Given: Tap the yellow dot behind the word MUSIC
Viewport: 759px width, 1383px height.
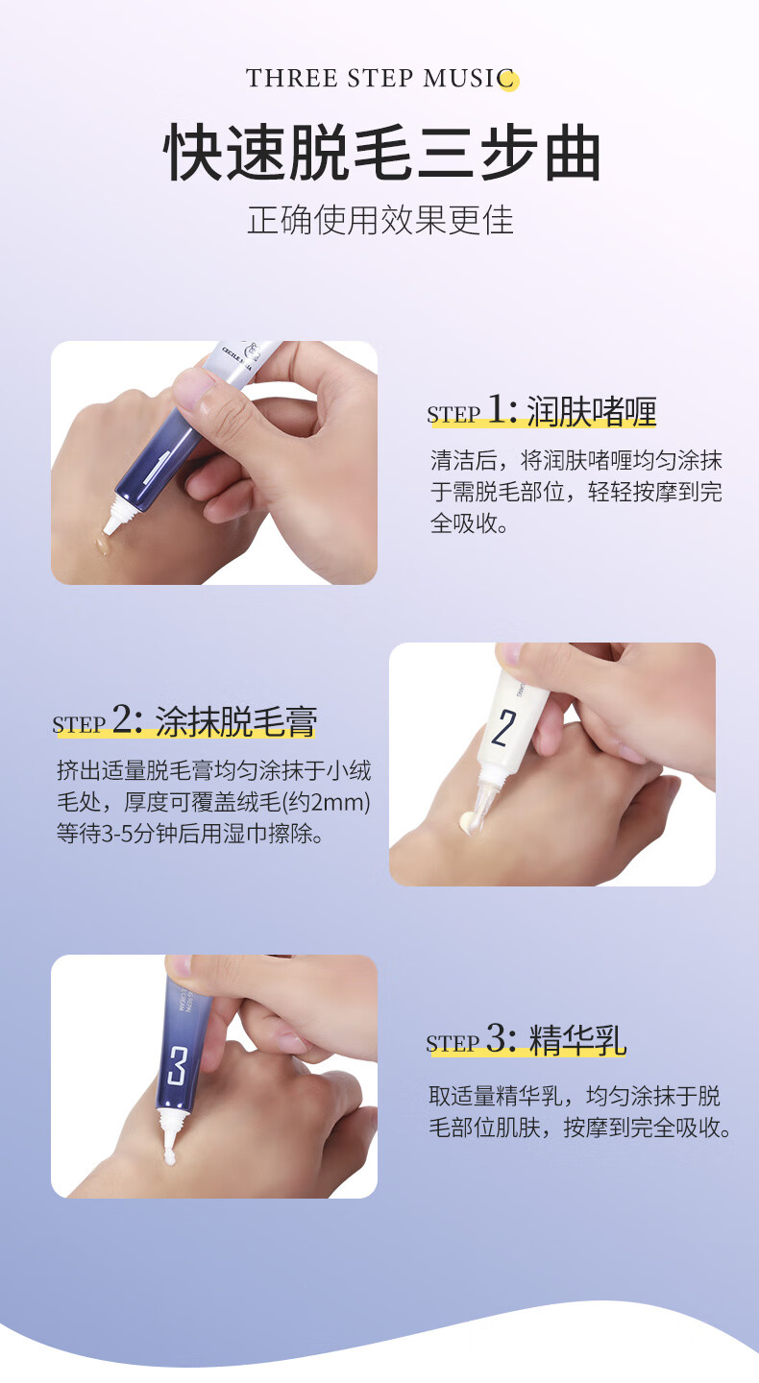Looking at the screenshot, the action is point(509,81).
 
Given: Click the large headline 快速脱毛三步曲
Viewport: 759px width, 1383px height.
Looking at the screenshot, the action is point(381,153).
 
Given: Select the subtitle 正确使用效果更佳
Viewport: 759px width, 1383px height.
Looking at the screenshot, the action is point(380,220).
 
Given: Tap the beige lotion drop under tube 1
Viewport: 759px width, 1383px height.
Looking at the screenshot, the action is point(101,546).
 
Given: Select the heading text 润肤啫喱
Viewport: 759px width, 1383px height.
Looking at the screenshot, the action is point(591,411).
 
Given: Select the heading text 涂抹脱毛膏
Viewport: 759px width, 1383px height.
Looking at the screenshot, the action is point(236,721).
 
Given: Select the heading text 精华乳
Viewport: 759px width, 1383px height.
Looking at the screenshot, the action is point(577,1040).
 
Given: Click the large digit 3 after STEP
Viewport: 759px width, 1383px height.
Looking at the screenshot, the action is point(497,1037).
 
